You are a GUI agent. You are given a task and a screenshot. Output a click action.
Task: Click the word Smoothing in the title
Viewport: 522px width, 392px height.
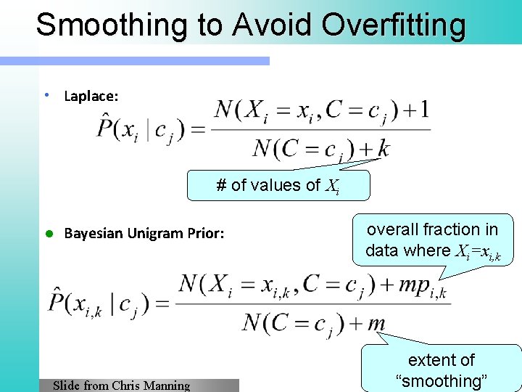coord(101,24)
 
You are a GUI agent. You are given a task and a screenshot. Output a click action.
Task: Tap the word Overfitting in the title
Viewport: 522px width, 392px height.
coord(394,24)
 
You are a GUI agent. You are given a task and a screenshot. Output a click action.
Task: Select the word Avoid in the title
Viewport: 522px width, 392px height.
coord(273,24)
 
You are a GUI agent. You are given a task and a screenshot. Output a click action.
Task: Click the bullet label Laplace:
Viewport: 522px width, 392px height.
coord(91,96)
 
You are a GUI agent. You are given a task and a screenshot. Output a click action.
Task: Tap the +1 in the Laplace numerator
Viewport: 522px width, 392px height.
coord(414,110)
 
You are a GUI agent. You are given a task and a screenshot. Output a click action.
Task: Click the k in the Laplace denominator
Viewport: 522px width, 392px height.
coord(384,149)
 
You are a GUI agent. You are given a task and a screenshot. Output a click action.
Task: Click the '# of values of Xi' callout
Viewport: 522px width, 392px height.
coord(278,186)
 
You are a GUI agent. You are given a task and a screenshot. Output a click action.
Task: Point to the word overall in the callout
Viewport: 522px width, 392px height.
coord(394,229)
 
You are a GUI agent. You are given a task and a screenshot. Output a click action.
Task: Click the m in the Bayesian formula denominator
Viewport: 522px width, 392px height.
coord(376,322)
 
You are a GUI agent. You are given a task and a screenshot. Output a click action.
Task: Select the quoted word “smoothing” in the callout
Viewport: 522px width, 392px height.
coord(442,380)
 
